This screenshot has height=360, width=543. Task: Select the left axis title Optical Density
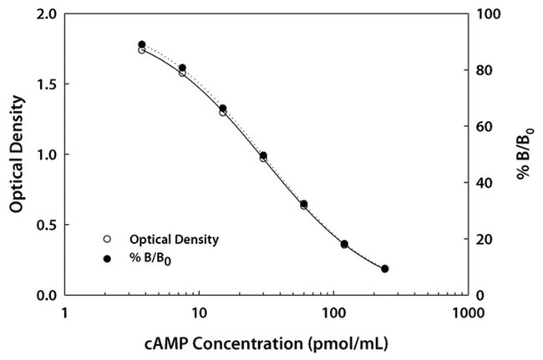[x=16, y=155]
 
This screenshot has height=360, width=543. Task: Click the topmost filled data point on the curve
[x=142, y=44]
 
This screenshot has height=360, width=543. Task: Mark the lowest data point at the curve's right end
[x=384, y=269]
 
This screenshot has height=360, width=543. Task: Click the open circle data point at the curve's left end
[x=142, y=50]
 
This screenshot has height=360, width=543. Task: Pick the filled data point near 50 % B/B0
[x=263, y=155]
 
